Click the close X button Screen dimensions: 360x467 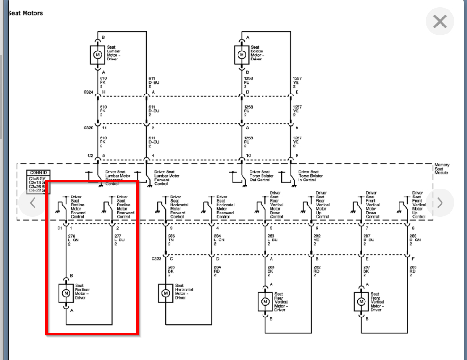pos(440,21)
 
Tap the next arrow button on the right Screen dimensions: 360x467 pos(440,203)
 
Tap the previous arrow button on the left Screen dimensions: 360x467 pos(33,203)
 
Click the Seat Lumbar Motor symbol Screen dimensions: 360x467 pos(98,54)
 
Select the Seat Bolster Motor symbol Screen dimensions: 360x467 pos(242,54)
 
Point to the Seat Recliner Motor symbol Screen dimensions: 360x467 pos(66,293)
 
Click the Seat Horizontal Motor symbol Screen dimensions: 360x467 pos(166,293)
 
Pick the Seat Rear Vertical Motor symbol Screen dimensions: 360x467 pos(265,301)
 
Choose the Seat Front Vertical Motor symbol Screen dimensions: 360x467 pos(361,301)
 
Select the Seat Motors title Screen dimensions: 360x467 pos(25,13)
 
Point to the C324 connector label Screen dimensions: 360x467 pos(88,92)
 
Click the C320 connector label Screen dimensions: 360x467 pos(88,128)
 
